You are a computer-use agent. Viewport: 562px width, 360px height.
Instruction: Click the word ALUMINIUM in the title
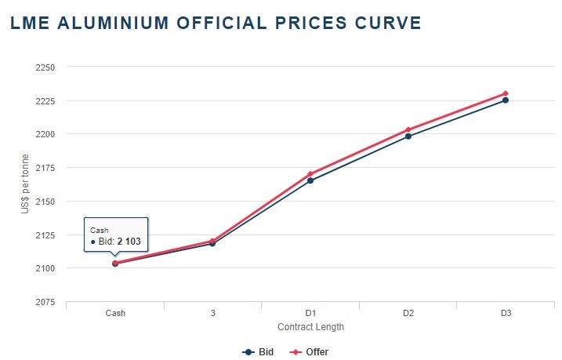pos(113,23)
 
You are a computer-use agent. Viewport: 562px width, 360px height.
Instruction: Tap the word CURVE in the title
pos(388,23)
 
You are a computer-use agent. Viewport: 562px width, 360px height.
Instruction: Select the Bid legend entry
pos(258,352)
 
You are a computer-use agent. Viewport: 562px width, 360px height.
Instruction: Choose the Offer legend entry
pos(309,352)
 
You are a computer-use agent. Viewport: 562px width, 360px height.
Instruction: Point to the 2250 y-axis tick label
pos(45,67)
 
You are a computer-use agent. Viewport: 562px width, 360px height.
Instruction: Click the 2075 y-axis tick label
pos(45,302)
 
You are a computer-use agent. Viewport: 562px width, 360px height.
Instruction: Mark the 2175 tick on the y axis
pos(45,168)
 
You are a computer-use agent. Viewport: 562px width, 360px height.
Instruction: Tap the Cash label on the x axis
pos(115,313)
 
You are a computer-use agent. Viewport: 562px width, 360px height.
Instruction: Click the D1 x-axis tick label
pos(310,313)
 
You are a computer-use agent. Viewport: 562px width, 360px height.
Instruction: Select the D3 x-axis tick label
pos(506,313)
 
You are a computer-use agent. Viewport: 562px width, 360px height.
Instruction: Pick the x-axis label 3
pos(213,313)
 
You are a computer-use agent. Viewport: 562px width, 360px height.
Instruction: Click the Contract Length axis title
pos(310,327)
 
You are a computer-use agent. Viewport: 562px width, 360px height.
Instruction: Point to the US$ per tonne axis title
pos(25,184)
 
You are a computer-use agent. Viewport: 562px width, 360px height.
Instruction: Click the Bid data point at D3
pos(506,100)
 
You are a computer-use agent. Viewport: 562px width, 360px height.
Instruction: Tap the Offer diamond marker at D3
pos(506,93)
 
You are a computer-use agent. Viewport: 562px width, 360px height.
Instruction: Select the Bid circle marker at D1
pos(310,180)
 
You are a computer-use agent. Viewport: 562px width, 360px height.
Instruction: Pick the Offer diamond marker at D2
pos(408,129)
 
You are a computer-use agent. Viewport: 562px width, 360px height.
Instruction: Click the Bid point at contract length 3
pos(212,243)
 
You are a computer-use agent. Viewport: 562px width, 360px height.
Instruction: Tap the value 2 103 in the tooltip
pos(129,242)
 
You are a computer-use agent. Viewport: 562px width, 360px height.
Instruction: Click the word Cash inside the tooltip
pos(99,231)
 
